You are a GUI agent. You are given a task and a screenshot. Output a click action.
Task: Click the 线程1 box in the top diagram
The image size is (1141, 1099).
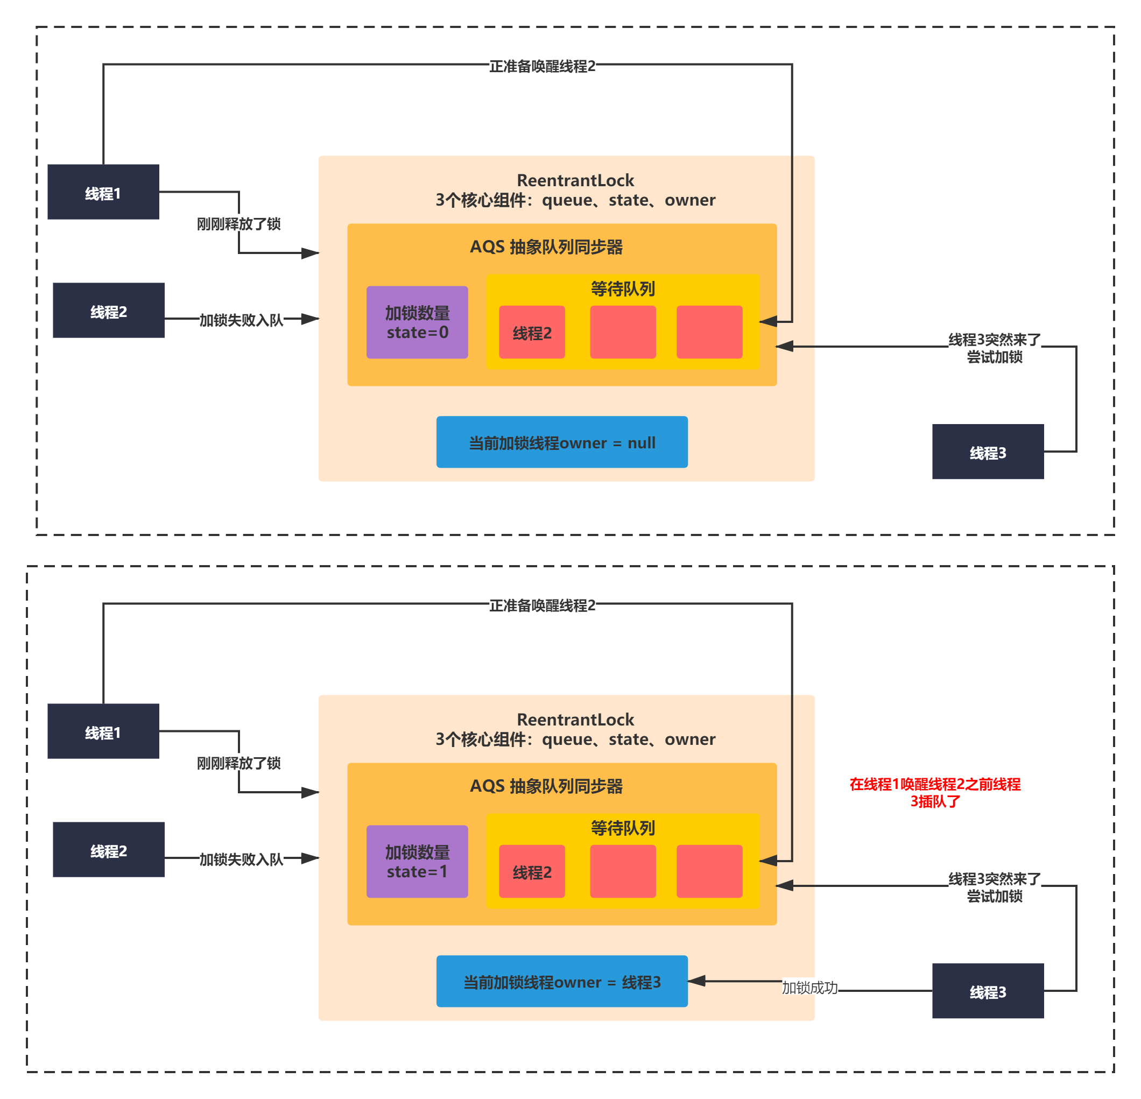tap(103, 192)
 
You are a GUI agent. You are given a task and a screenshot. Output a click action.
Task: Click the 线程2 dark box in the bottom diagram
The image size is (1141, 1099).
tap(108, 849)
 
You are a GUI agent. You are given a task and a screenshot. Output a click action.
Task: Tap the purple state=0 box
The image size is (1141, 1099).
tap(417, 322)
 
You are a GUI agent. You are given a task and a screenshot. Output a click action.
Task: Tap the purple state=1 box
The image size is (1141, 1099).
tap(417, 862)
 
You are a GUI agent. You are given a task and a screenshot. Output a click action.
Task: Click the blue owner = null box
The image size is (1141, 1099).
tap(562, 442)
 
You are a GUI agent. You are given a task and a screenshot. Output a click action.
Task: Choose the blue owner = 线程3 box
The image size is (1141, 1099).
tap(562, 982)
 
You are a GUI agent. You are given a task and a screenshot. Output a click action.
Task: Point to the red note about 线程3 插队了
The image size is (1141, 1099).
tap(935, 792)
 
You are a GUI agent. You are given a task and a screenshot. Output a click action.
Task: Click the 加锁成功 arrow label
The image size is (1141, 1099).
tap(809, 987)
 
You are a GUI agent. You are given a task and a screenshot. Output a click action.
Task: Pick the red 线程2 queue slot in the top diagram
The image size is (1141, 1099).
tap(532, 333)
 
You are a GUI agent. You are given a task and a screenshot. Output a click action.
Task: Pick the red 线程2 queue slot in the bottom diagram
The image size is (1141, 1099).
tap(532, 871)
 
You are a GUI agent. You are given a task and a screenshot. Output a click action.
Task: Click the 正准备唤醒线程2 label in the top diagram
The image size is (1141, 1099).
tap(542, 66)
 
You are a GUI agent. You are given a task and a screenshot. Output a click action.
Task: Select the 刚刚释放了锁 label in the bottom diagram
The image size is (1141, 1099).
tap(238, 763)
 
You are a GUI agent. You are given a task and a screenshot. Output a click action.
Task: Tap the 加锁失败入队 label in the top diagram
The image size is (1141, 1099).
tap(241, 320)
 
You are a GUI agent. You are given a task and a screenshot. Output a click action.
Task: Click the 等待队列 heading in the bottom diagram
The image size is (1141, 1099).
tap(623, 828)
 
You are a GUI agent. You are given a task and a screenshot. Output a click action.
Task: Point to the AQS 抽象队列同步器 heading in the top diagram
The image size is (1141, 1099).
tap(546, 247)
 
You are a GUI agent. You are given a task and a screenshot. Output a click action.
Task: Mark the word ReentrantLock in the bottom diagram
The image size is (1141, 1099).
tap(575, 720)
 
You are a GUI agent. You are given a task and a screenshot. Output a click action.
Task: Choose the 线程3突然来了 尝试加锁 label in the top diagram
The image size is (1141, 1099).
tap(994, 348)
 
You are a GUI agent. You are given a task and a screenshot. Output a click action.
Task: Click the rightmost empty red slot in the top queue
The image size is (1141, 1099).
tap(709, 332)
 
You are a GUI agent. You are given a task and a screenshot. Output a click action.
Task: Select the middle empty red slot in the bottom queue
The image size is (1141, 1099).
tap(623, 871)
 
